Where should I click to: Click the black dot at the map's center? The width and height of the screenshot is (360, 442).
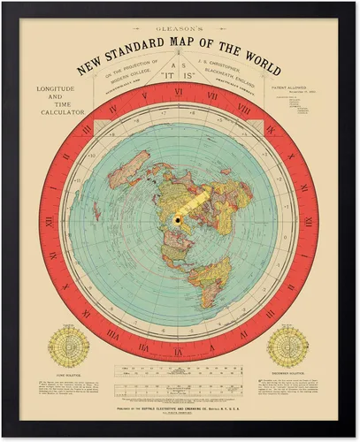[177, 219]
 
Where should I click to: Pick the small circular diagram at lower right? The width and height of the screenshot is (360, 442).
[294, 347]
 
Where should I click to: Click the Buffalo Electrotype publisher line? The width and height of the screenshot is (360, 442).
[180, 412]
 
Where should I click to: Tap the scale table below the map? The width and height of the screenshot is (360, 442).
[180, 377]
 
